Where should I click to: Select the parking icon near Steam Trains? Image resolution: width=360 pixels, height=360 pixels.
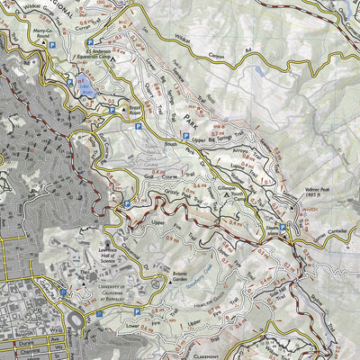[x=283, y=228]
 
